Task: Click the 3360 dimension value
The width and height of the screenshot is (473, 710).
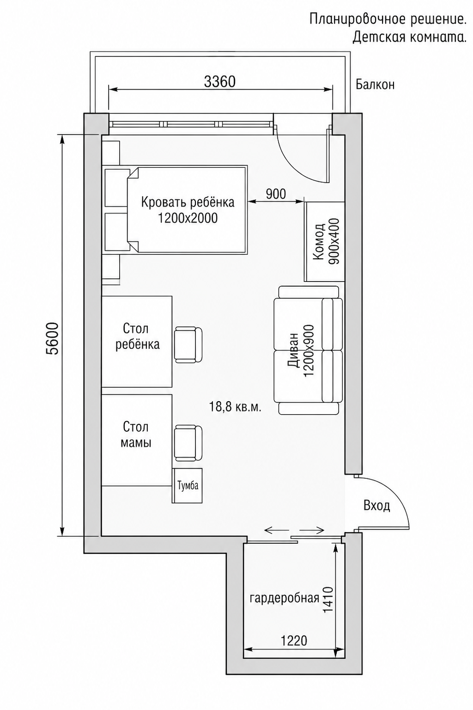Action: tap(219, 82)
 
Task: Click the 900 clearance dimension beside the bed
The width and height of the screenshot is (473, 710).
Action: tap(276, 194)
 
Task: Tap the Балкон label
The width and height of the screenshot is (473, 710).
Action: tap(375, 85)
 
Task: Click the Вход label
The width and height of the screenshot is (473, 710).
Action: tap(376, 506)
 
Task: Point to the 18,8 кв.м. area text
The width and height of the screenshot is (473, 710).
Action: tap(235, 407)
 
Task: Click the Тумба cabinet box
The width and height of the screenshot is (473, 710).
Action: tap(187, 485)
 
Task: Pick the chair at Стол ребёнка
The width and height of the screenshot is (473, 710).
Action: tap(188, 345)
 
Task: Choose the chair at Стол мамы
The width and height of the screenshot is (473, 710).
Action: tap(188, 443)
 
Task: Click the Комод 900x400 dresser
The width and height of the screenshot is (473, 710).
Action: tap(324, 241)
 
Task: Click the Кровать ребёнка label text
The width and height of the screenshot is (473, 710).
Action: tap(188, 202)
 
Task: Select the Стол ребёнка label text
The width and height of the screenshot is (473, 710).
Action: tap(137, 337)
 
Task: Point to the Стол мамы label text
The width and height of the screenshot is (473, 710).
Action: tap(136, 435)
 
